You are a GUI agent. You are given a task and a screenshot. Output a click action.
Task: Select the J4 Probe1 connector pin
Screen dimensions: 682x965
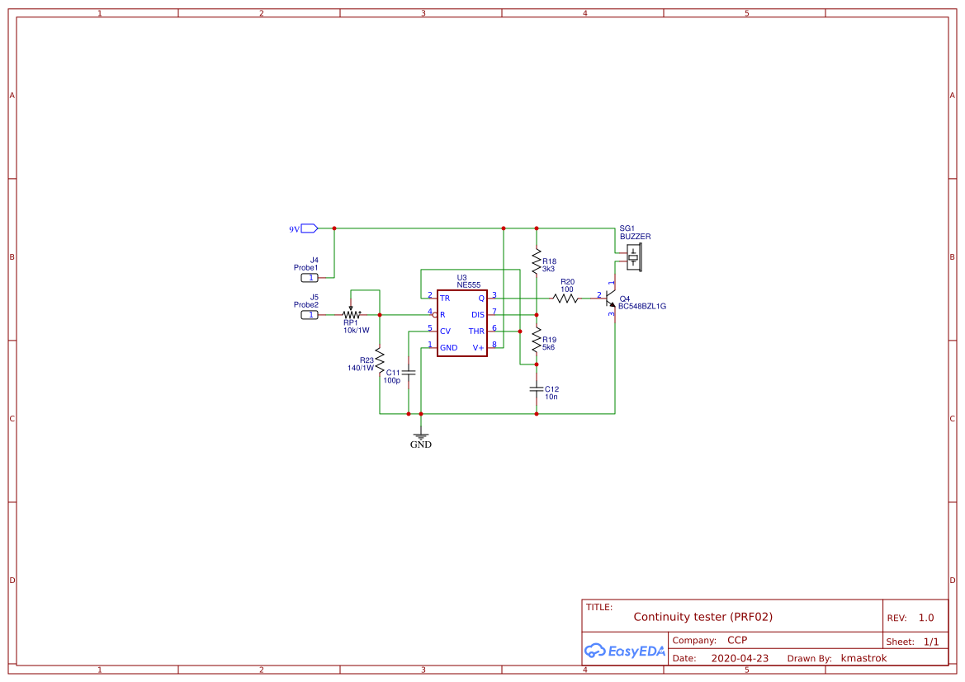click(310, 278)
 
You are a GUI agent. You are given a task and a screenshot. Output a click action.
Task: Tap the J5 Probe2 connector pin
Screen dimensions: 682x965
click(310, 315)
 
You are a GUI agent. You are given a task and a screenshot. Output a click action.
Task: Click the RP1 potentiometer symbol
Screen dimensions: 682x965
click(352, 314)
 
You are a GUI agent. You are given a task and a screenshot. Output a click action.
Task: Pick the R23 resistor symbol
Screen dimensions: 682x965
click(380, 360)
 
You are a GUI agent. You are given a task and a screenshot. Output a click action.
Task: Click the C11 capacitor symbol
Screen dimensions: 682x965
click(409, 373)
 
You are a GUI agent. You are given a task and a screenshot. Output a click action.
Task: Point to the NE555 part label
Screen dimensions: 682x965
click(468, 285)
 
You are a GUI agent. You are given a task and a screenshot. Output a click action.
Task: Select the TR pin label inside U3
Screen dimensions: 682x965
click(445, 298)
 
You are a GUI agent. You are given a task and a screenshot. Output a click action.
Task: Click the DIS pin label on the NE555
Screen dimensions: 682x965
click(478, 314)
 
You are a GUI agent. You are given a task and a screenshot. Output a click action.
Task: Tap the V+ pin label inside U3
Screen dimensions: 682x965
click(479, 348)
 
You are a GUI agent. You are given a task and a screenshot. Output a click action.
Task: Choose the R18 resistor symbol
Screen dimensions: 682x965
click(537, 261)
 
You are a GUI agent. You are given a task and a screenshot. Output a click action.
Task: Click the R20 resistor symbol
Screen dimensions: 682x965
click(566, 298)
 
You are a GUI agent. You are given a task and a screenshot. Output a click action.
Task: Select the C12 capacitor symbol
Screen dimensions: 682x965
click(537, 388)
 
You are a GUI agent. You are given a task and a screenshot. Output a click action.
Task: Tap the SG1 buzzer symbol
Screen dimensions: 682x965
click(633, 257)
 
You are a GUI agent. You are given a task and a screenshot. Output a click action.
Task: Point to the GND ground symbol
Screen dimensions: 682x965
click(421, 436)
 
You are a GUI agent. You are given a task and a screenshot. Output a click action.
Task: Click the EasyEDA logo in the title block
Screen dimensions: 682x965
click(624, 651)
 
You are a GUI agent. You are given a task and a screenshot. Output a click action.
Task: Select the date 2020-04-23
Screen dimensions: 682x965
click(740, 658)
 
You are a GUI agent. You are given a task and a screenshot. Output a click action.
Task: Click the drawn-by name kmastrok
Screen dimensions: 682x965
click(863, 658)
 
